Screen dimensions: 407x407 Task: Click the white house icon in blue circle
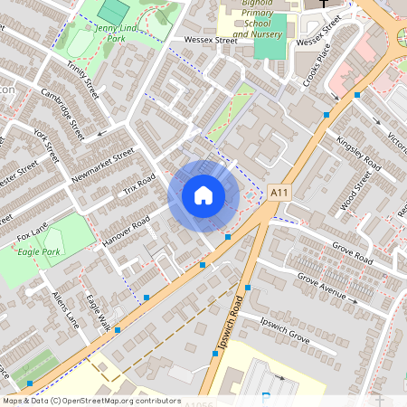click(203, 195)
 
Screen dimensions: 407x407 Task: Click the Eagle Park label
click(38, 251)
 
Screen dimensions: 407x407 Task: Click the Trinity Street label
click(82, 76)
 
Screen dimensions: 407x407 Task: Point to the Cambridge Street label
click(62, 113)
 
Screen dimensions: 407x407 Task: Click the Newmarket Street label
click(102, 166)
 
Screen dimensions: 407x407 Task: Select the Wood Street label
click(356, 190)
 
